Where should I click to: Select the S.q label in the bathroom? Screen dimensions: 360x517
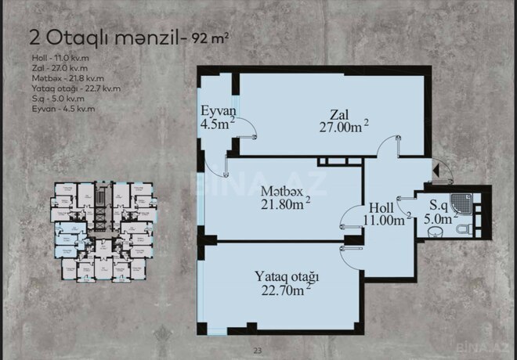click(x=439, y=207)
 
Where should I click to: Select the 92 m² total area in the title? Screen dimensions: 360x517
click(x=215, y=36)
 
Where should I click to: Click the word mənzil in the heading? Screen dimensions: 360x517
click(x=154, y=36)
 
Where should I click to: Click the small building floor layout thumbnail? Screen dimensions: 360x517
click(x=101, y=231)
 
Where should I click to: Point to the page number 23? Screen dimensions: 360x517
click(x=258, y=351)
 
